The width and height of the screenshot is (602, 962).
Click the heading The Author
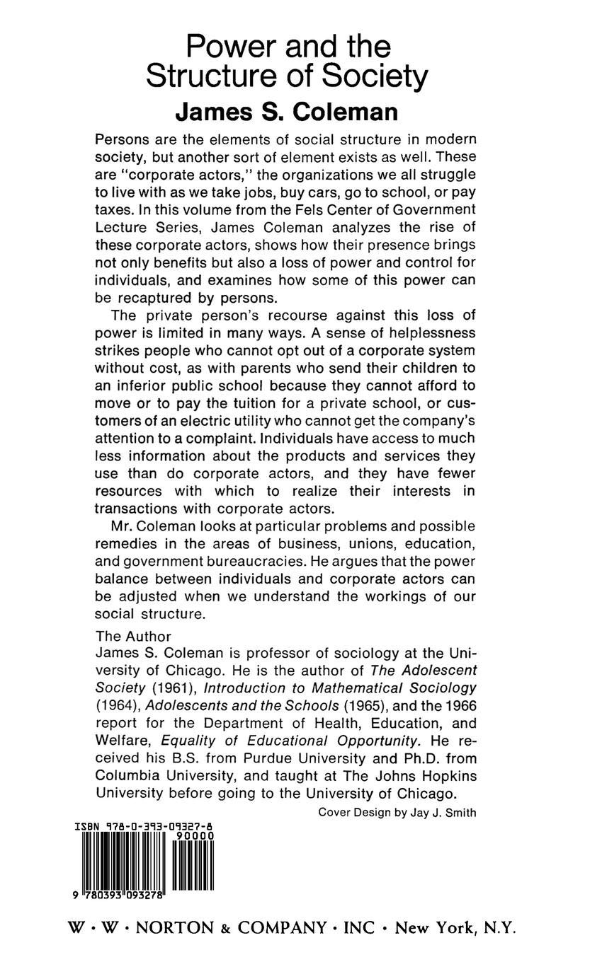(x=133, y=636)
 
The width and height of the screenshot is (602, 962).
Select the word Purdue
(x=260, y=758)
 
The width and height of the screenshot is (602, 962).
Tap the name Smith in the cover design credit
(x=460, y=813)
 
